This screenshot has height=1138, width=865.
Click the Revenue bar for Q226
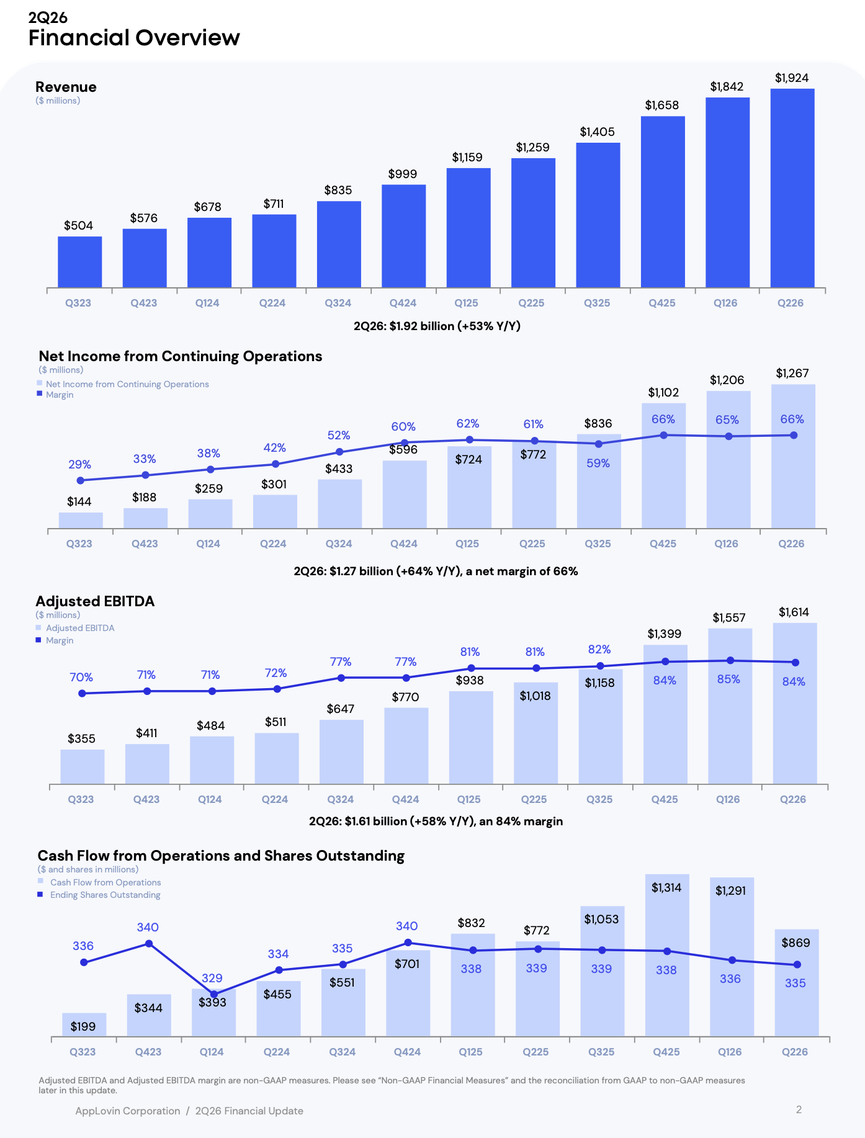[x=792, y=188]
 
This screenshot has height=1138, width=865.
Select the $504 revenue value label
[x=79, y=225]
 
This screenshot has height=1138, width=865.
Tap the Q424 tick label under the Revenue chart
[x=403, y=303]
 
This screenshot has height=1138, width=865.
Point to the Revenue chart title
[x=66, y=87]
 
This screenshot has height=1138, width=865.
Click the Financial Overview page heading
[x=134, y=38]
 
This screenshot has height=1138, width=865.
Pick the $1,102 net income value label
[x=663, y=392]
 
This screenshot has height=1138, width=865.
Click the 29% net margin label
[x=79, y=465]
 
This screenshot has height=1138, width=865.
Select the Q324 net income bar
[x=340, y=504]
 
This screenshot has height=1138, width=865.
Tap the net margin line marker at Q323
[x=80, y=480]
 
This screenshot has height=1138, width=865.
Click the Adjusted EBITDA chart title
[x=95, y=601]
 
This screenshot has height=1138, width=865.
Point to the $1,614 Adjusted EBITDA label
[x=794, y=612]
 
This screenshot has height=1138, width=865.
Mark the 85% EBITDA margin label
[x=728, y=679]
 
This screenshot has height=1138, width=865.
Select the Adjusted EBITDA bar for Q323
[x=83, y=767]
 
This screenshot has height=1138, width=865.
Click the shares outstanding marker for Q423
[x=149, y=944]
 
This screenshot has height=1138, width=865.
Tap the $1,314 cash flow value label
[x=666, y=888]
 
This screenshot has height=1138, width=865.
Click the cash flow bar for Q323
[x=84, y=1024]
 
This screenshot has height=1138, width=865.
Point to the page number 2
[x=799, y=1109]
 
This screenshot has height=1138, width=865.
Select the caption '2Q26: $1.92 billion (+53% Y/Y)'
[x=437, y=326]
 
